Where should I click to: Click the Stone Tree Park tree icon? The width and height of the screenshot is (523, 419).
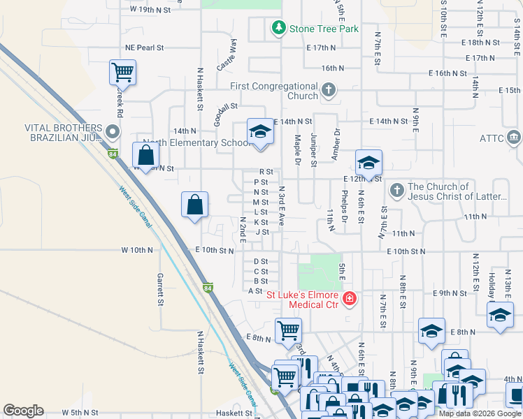[279, 29]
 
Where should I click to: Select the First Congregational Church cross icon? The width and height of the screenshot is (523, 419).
[329, 91]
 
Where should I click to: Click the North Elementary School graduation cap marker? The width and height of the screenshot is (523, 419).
[260, 131]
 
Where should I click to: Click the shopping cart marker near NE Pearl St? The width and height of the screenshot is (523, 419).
[122, 72]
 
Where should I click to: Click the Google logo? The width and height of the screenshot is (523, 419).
[23, 411]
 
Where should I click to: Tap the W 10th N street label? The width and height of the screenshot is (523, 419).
[136, 249]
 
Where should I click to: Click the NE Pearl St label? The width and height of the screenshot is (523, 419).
[144, 48]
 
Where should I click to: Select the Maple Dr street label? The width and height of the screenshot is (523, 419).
[297, 150]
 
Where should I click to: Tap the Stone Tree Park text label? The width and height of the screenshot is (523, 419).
[324, 29]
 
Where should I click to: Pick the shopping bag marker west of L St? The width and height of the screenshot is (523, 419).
[195, 205]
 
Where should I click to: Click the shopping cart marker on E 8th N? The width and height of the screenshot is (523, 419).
[288, 331]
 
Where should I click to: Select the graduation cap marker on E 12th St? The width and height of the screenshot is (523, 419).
[368, 163]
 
